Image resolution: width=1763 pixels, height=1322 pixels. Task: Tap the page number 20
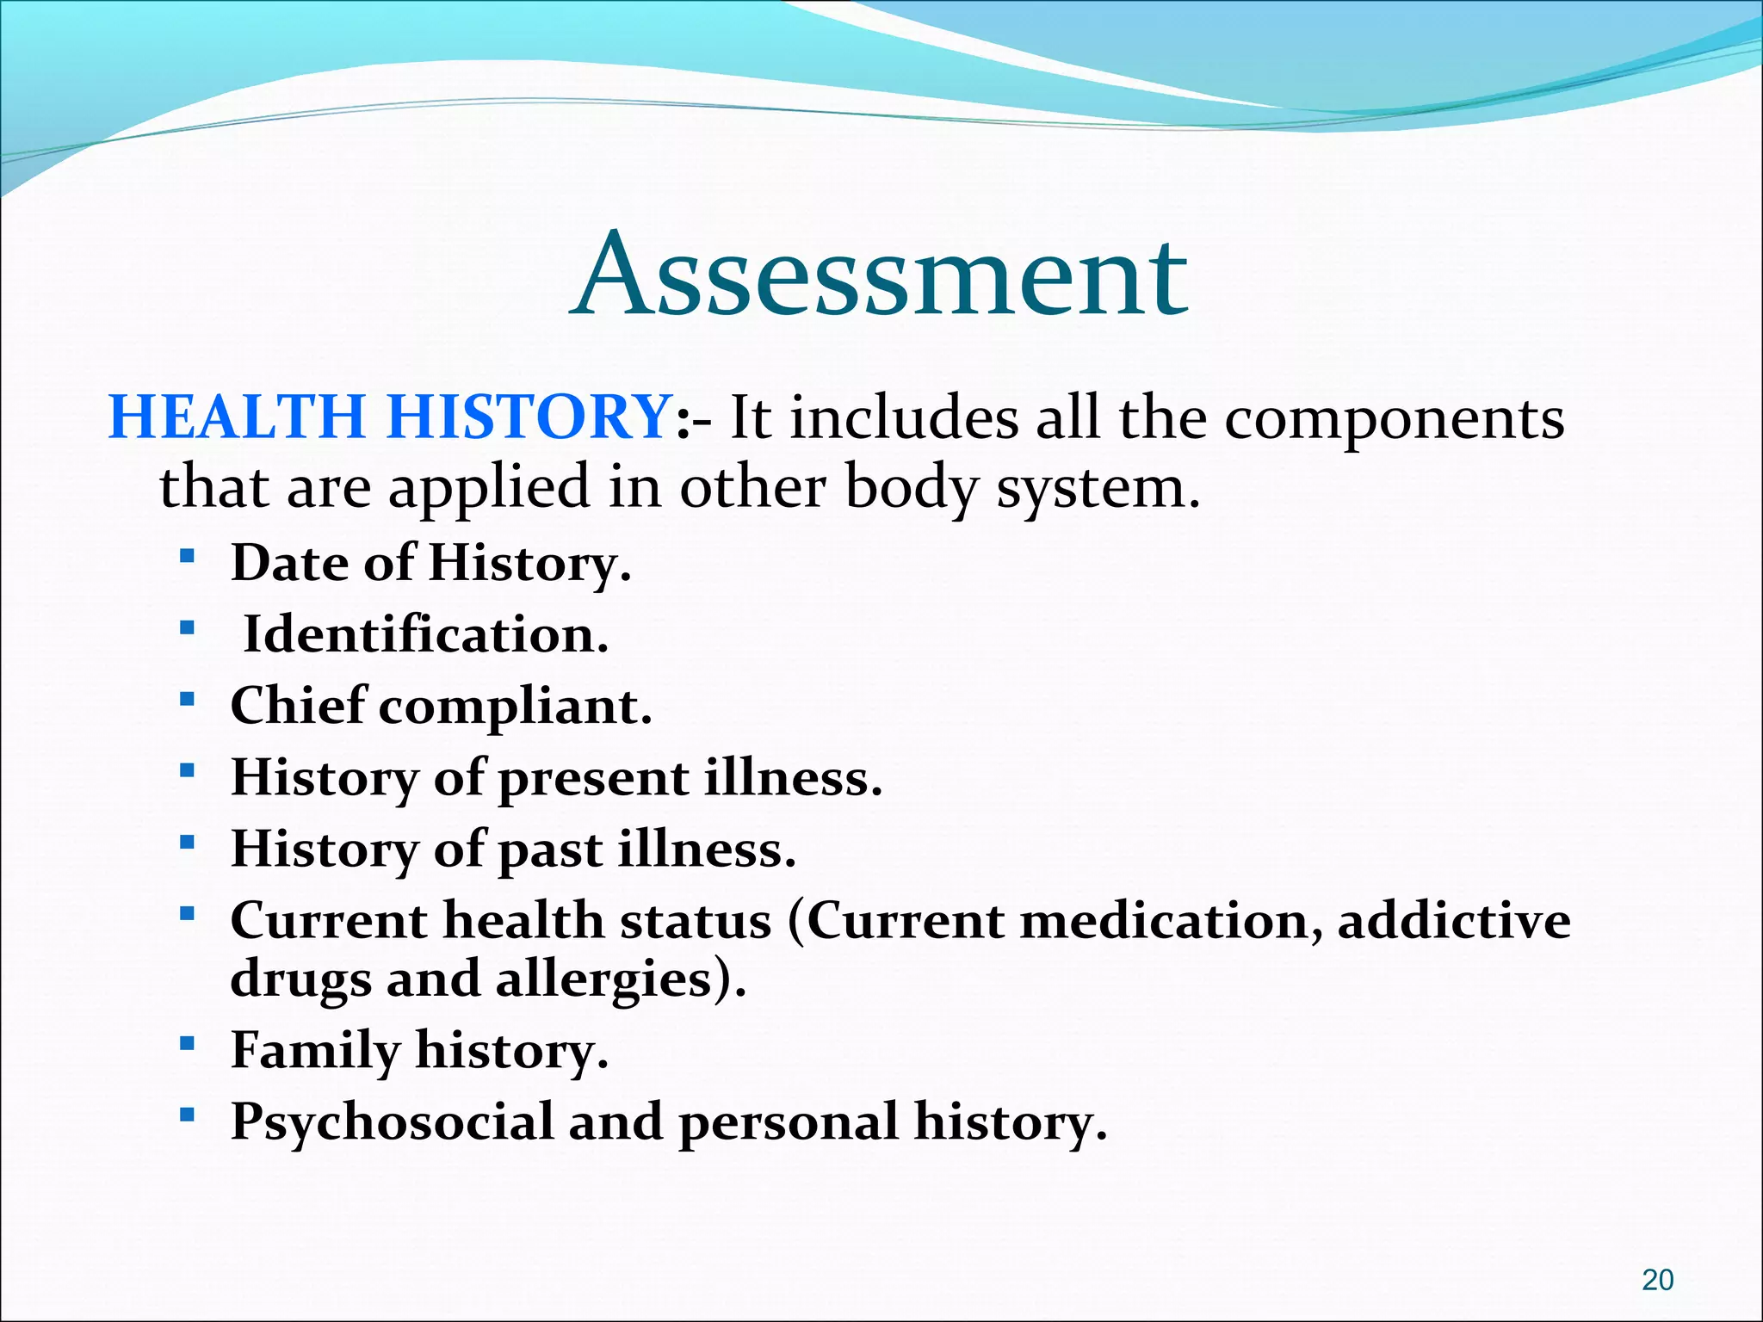pos(1657,1281)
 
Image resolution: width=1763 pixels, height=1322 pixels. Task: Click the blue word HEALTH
pos(237,418)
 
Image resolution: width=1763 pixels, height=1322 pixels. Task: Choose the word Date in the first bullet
pos(289,564)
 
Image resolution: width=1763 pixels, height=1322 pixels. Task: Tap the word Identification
pos(425,635)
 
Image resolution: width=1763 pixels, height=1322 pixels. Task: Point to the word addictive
pos(1454,921)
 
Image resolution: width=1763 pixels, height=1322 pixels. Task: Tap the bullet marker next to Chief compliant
pos(187,699)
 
